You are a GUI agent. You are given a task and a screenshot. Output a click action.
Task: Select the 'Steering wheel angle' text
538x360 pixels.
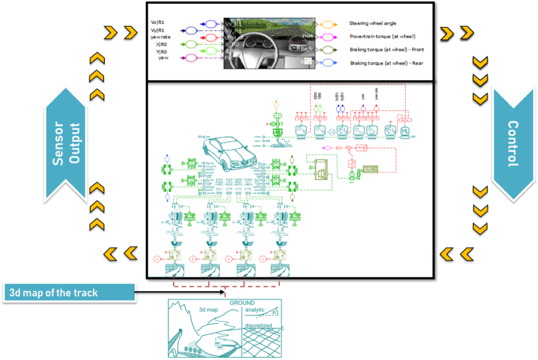point(373,23)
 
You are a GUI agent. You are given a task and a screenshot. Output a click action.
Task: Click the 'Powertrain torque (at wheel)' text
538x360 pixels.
point(382,37)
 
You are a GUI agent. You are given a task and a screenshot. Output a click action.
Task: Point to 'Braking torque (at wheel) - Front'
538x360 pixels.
point(386,50)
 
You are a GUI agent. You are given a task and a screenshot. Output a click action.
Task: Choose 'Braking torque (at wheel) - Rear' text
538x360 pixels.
point(386,63)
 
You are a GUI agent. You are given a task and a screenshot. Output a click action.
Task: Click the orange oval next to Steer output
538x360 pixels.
point(330,23)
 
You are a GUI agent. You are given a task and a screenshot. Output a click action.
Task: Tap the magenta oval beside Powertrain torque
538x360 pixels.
point(330,37)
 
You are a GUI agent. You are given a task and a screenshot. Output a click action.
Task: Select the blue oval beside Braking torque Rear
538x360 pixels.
point(330,63)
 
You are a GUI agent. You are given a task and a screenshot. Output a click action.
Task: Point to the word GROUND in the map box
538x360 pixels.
point(242,303)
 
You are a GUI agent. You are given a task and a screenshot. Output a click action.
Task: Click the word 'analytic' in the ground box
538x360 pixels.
point(255,310)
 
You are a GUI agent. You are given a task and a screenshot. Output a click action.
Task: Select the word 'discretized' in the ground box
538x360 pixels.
point(258,325)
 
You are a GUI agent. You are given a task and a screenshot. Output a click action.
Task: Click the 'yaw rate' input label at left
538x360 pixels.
point(160,37)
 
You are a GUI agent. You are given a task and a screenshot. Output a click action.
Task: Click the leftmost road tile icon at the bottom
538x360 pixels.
point(174,269)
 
